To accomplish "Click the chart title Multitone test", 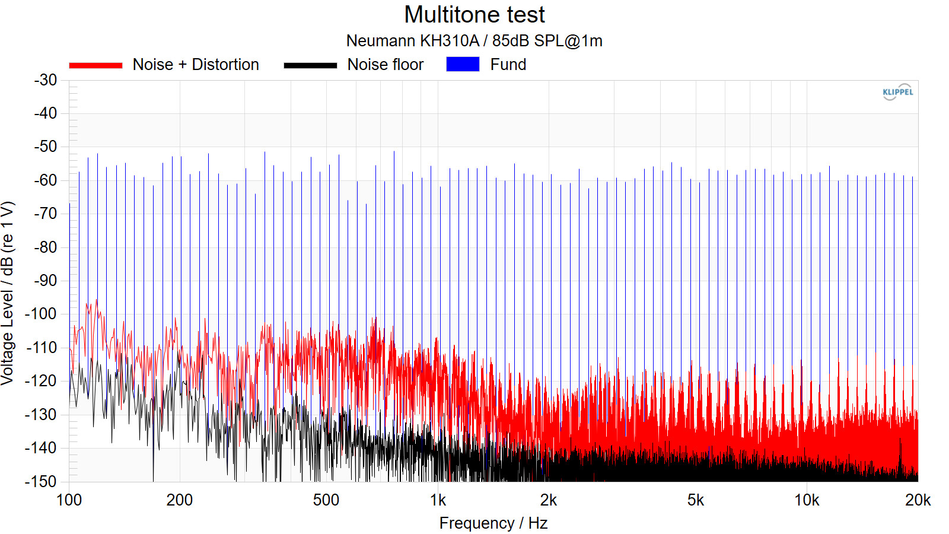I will (x=474, y=15).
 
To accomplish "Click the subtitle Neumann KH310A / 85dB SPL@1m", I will (x=474, y=41).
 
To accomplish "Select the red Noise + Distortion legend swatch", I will (x=95, y=65).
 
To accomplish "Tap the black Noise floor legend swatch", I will (x=310, y=65).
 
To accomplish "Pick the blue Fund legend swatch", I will (x=463, y=64).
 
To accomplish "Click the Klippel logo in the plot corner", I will (x=897, y=92).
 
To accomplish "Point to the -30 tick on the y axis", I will (x=46, y=80).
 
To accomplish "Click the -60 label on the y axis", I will (x=46, y=180).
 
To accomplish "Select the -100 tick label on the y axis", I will (x=42, y=314).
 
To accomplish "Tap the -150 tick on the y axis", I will (x=42, y=481).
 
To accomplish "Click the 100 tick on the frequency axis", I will (x=69, y=500).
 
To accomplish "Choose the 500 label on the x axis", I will (x=326, y=500).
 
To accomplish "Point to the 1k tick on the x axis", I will (x=438, y=500).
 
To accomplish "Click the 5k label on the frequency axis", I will (x=696, y=500).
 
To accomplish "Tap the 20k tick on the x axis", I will (x=918, y=500).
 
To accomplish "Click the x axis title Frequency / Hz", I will (x=493, y=523).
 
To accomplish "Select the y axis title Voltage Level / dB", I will (x=8, y=294).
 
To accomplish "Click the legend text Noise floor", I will (x=386, y=65).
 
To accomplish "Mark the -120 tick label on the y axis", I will (x=42, y=381).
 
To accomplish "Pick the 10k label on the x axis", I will (x=807, y=500).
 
